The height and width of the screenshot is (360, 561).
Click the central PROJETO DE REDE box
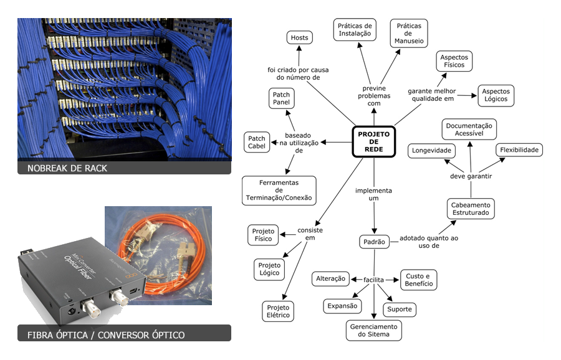(374, 142)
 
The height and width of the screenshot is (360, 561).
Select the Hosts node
(299, 38)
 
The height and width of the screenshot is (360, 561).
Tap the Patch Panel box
(281, 98)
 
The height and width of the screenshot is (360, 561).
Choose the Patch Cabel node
(257, 143)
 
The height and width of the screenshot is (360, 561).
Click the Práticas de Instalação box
(354, 29)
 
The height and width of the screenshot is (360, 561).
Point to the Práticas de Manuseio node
(409, 33)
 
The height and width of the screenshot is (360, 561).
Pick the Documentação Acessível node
(469, 130)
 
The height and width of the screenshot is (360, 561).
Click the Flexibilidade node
(519, 150)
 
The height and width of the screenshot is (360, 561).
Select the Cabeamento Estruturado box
(471, 209)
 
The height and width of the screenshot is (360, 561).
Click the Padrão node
(375, 242)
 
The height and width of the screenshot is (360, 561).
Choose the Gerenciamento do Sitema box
(374, 331)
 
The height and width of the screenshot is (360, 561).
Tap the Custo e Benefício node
(418, 280)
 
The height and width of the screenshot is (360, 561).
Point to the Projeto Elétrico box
(278, 311)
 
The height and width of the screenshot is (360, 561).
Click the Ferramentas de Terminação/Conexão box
(279, 191)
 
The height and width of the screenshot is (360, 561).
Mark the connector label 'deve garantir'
(471, 176)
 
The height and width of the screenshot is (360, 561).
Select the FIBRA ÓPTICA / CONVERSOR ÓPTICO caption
(106, 335)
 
